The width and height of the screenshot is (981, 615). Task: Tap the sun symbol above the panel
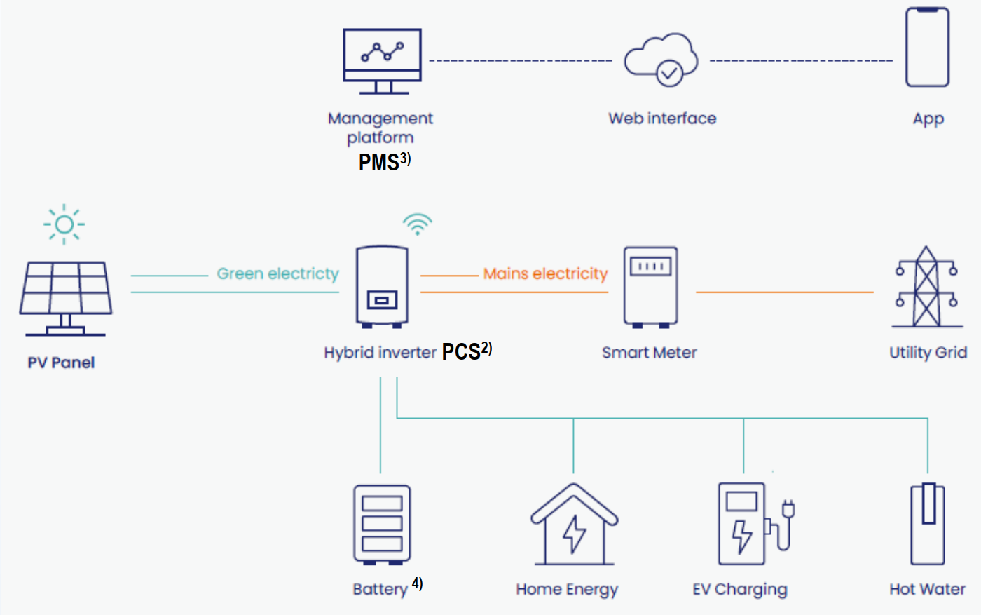pos(64,224)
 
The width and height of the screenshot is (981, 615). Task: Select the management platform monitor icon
pos(382,61)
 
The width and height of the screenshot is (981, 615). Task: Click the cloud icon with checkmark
pos(661,60)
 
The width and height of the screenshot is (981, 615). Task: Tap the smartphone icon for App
pos(927,47)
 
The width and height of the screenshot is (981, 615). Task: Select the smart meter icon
pos(651,287)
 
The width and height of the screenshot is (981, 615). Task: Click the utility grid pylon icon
pos(926,288)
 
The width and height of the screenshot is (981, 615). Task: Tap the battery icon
pos(382,525)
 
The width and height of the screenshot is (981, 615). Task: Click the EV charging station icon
pos(753,524)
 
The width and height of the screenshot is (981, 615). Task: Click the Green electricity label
pos(277,273)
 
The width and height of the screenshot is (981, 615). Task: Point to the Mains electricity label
pos(545,273)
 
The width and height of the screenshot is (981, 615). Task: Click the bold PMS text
pos(379,162)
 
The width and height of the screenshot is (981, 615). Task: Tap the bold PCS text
pos(461,351)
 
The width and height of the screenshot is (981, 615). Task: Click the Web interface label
pos(662,119)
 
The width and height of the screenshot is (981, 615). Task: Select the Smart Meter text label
pos(649,353)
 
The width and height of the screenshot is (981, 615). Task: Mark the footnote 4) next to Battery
pos(417,583)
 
